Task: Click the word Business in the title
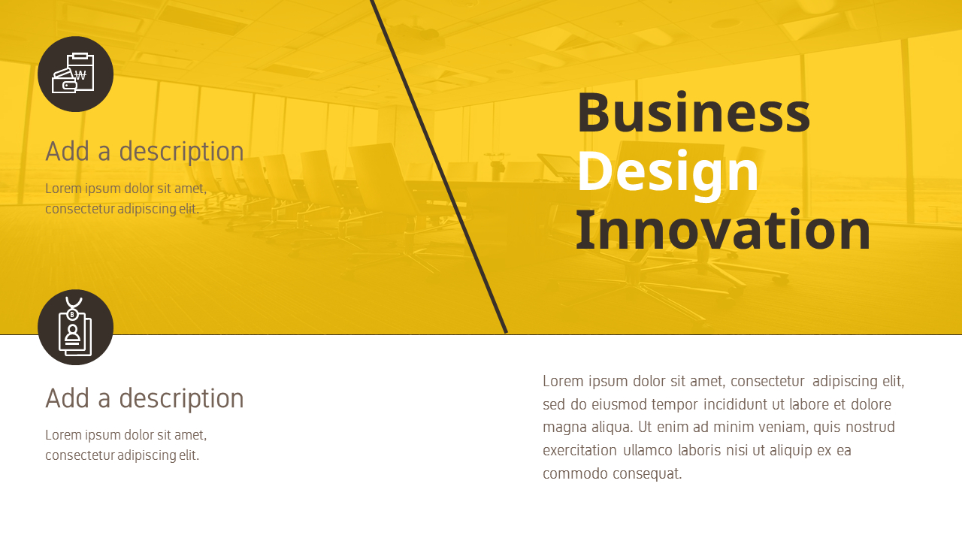click(693, 113)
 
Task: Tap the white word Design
click(668, 171)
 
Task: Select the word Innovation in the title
click(723, 230)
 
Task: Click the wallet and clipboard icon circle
click(75, 74)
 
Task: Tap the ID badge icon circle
click(75, 328)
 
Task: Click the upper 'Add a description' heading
click(144, 152)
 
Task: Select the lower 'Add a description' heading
click(144, 398)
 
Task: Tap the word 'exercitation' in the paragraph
click(579, 451)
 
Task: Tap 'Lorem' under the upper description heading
click(62, 189)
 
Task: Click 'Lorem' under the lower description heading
click(62, 435)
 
